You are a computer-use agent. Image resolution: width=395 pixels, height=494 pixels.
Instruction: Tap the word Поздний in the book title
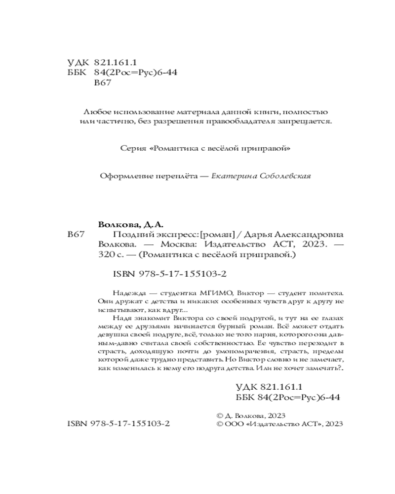point(130,235)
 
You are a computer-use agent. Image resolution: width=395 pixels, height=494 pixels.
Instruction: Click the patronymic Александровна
point(305,235)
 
